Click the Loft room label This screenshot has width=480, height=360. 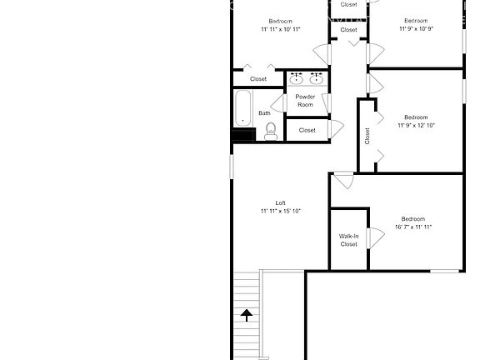pyautogui.click(x=281, y=202)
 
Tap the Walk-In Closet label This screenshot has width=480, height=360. pyautogui.click(x=348, y=240)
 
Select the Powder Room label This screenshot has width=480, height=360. pyautogui.click(x=305, y=100)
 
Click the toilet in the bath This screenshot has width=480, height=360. pyautogui.click(x=270, y=131)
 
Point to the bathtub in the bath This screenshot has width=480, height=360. pyautogui.click(x=242, y=108)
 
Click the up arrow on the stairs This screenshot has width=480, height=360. pyautogui.click(x=247, y=314)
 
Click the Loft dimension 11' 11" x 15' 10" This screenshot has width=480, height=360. pyautogui.click(x=281, y=211)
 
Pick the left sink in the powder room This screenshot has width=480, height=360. pyautogui.click(x=296, y=79)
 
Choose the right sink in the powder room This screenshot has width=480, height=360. pyautogui.click(x=316, y=79)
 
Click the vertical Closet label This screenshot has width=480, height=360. pyautogui.click(x=367, y=136)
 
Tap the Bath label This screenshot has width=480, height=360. pyautogui.click(x=264, y=113)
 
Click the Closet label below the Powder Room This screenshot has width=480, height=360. pyautogui.click(x=307, y=130)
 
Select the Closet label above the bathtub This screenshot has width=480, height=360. pyautogui.click(x=258, y=79)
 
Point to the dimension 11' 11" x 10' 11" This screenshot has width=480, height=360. pyautogui.click(x=281, y=29)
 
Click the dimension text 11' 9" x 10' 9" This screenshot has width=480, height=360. pyautogui.click(x=415, y=28)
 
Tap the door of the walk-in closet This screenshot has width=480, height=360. pyautogui.click(x=374, y=238)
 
